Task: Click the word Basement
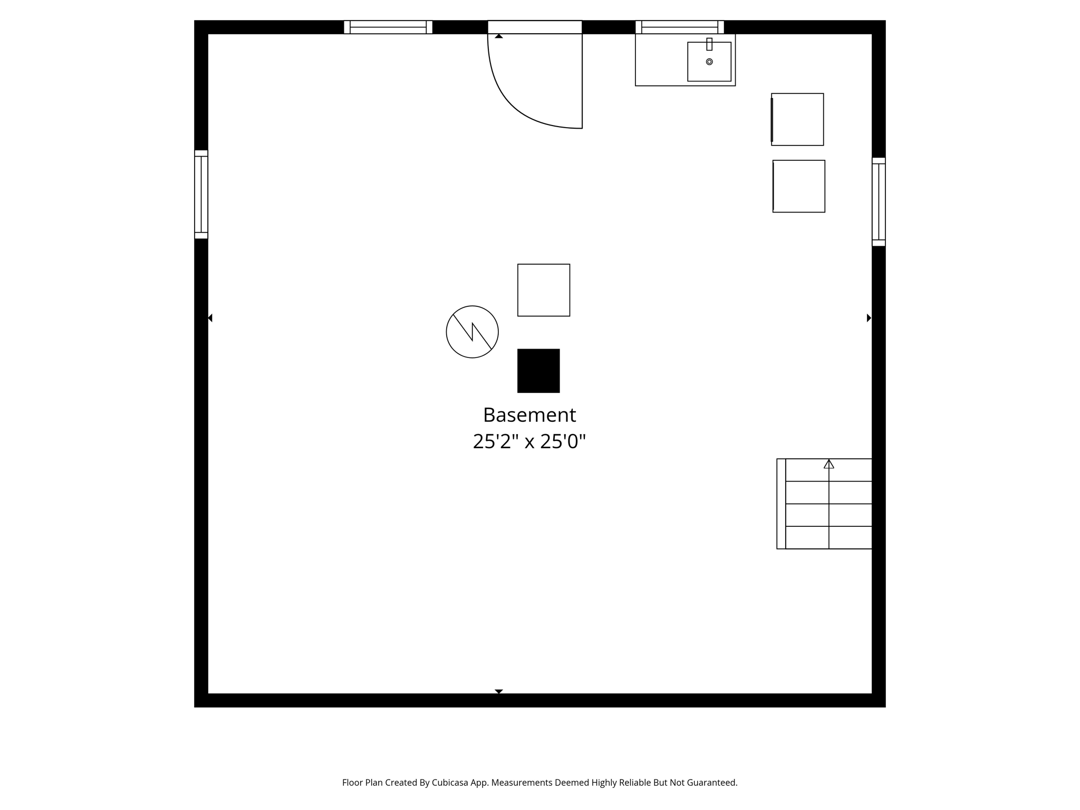point(529,415)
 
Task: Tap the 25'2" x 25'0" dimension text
point(529,441)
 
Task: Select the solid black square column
point(538,371)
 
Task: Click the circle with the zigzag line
point(472,332)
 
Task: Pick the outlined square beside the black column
point(544,290)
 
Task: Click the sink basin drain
point(709,62)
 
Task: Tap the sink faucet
point(709,44)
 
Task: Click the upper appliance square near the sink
point(797,119)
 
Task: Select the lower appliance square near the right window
point(799,186)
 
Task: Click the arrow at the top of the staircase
point(829,464)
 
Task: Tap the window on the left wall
point(201,195)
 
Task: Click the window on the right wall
point(879,202)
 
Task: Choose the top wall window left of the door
point(388,27)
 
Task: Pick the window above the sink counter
point(680,27)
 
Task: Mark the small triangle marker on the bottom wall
point(499,691)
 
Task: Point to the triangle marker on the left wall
point(210,318)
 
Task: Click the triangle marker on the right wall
point(869,318)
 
